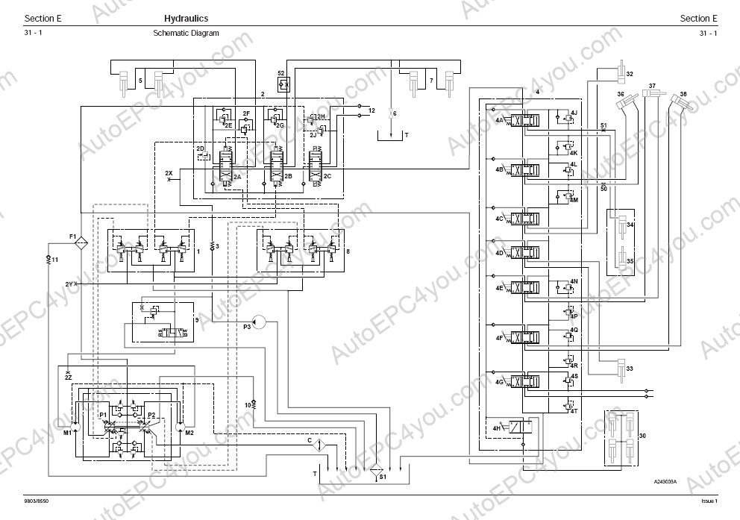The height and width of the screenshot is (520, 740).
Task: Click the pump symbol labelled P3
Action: coord(257,322)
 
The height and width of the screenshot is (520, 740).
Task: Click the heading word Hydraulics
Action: coord(186,19)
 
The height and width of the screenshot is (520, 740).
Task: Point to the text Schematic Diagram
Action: coord(186,34)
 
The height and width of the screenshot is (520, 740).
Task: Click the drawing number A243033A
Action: coord(665,481)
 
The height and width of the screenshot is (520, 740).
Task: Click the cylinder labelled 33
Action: coord(621,368)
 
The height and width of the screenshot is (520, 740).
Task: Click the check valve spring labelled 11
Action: coord(47,259)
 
